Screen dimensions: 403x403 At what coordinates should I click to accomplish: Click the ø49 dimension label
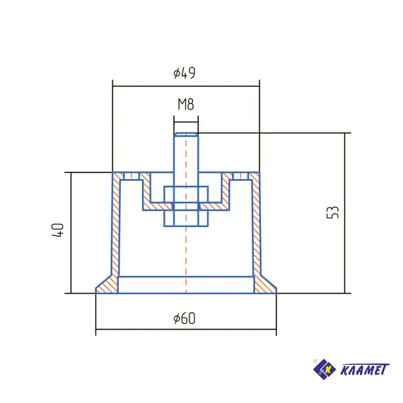tap(185, 73)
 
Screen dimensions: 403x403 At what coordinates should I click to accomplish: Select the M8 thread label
tap(186, 104)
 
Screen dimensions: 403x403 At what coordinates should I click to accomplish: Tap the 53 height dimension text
tap(332, 212)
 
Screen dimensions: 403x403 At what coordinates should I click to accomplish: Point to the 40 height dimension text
tap(57, 230)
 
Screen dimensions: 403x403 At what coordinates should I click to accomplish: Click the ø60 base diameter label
tap(185, 318)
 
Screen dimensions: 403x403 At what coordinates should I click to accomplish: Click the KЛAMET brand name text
tap(365, 370)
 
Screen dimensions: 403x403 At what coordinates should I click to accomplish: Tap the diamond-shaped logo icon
tap(325, 369)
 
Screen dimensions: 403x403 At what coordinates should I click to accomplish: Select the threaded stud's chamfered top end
tap(186, 134)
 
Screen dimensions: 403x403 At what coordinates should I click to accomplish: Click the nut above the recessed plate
tap(186, 194)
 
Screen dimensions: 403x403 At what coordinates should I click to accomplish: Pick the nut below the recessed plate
tap(186, 218)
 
